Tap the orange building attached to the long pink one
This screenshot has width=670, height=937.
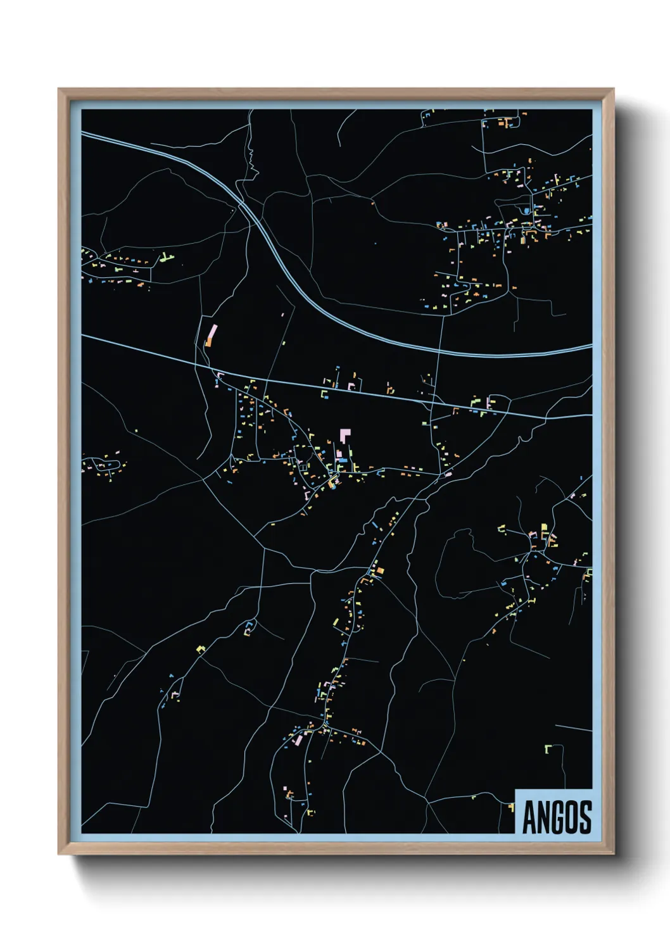tap(208, 343)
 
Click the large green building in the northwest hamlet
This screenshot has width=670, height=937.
tap(165, 257)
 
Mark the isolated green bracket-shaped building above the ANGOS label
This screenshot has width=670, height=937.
tap(548, 748)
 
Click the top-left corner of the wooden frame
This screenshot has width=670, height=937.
tap(59, 89)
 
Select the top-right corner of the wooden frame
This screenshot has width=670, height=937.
tap(614, 89)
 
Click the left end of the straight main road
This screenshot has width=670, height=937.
tap(83, 336)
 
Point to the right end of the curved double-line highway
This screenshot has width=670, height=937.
tap(591, 346)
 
